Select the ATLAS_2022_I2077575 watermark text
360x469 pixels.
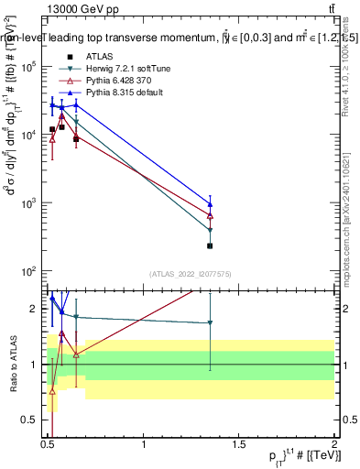pos(191,274)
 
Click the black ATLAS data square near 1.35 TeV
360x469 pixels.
pos(211,245)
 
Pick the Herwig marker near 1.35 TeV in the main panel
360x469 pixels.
pos(211,230)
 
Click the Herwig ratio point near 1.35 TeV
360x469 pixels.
pos(211,322)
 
